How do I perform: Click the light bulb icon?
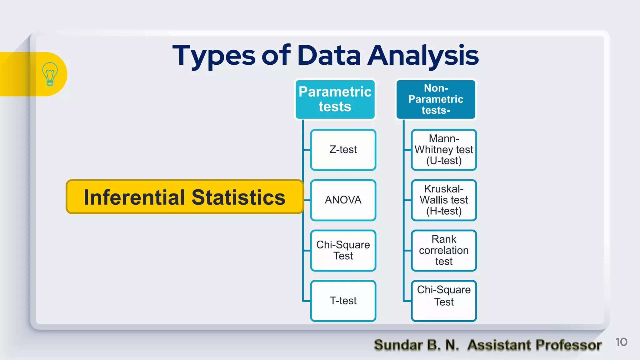(50, 74)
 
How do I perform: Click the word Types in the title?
(214, 56)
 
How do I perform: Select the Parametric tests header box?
(335, 99)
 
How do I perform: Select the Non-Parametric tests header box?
(436, 99)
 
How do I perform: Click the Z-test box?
(343, 150)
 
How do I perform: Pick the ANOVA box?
(343, 200)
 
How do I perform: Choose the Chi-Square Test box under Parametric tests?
(343, 250)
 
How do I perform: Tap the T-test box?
(343, 301)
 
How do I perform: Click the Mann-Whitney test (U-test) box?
(444, 150)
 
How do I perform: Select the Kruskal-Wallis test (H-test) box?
(444, 200)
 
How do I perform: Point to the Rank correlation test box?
(444, 250)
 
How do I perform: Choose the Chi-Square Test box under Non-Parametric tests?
(444, 301)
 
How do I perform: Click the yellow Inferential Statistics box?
(184, 197)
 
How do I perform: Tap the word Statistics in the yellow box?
(238, 197)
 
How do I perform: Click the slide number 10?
(621, 342)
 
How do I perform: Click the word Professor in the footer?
(568, 345)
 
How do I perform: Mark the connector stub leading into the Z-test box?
(307, 150)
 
